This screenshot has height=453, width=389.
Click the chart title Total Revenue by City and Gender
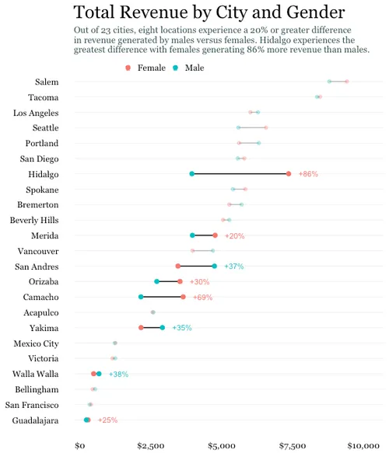click(209, 12)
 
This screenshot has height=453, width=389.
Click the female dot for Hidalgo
click(289, 174)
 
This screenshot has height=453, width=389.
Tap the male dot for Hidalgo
click(192, 174)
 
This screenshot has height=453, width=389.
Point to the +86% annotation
click(308, 174)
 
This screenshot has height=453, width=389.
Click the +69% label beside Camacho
click(202, 298)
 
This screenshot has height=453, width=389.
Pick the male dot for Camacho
click(141, 297)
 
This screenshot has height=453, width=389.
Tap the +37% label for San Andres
click(233, 267)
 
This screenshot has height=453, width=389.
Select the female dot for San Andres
click(178, 267)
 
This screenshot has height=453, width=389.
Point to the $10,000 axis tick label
click(363, 446)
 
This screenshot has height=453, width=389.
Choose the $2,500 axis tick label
click(150, 446)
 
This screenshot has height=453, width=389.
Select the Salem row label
click(47, 82)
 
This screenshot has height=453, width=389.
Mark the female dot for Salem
click(347, 82)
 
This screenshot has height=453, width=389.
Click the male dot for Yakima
click(163, 328)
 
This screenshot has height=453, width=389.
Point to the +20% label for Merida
click(234, 235)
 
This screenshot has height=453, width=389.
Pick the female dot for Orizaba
click(180, 281)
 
